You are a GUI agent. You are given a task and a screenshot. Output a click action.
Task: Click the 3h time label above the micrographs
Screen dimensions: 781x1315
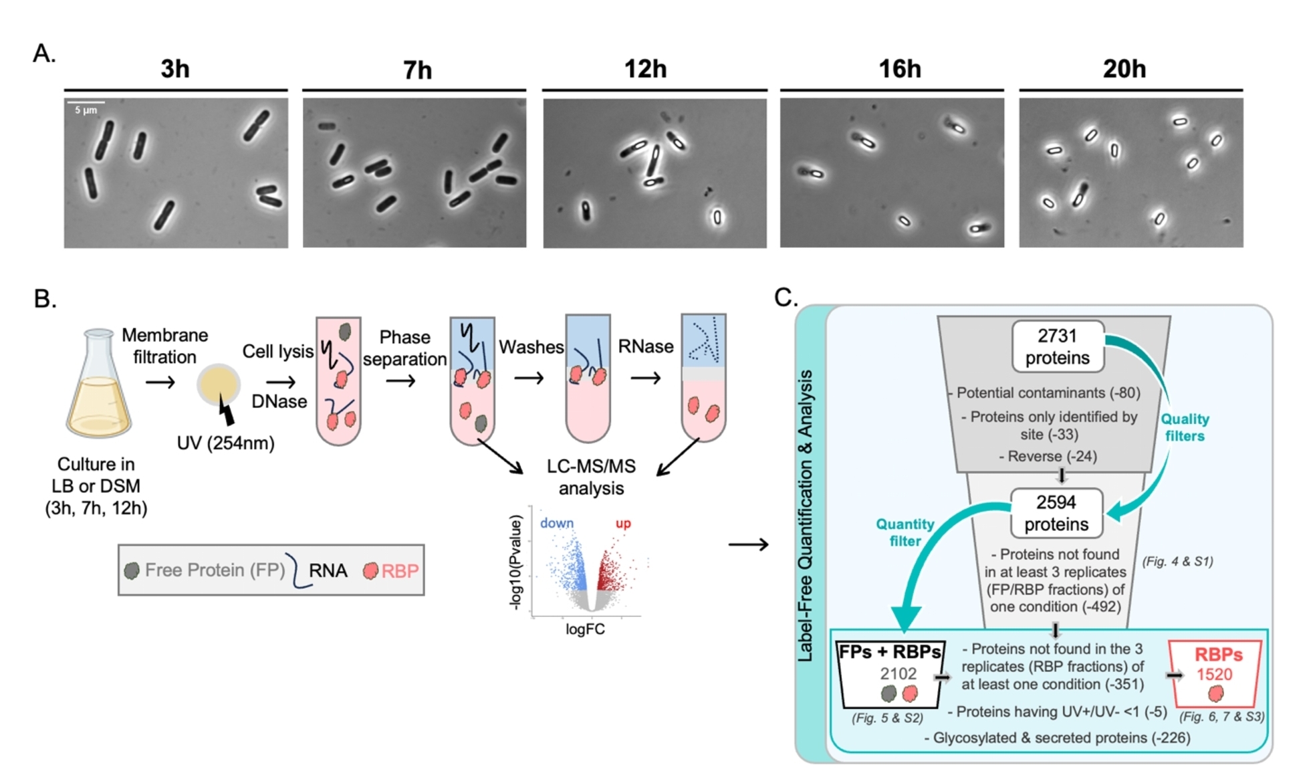(x=175, y=69)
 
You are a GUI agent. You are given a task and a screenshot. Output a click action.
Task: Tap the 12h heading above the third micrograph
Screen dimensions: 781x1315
(x=645, y=69)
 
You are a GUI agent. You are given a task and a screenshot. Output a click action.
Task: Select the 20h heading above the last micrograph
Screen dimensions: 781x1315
(x=1124, y=69)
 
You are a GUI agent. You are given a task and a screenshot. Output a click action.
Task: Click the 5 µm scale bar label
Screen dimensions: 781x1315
(x=86, y=110)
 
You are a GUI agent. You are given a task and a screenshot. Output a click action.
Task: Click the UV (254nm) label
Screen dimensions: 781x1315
(x=225, y=443)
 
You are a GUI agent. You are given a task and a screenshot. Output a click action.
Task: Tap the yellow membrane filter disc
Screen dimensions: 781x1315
(x=218, y=384)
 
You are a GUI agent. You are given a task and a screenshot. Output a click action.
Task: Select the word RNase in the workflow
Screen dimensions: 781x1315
(x=645, y=346)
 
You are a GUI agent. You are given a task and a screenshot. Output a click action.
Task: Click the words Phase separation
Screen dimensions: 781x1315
(x=404, y=348)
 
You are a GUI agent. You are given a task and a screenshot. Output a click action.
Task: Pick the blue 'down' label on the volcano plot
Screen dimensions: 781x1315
(x=556, y=523)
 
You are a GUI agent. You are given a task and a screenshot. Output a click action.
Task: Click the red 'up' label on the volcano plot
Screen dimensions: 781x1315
(x=623, y=523)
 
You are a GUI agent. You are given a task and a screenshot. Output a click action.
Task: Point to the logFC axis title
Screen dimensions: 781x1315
(x=585, y=629)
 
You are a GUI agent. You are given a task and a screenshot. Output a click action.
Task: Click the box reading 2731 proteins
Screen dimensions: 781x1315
(x=1057, y=346)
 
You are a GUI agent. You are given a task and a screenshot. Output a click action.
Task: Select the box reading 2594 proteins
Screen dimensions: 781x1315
(x=1056, y=513)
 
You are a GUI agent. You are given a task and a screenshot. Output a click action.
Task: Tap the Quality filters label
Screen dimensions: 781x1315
(x=1185, y=427)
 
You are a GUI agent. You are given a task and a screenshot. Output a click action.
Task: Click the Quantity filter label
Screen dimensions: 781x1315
(x=905, y=532)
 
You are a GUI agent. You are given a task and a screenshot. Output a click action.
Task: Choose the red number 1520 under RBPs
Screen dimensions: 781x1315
(x=1214, y=674)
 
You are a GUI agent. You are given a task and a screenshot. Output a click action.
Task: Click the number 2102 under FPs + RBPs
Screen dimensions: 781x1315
(x=898, y=674)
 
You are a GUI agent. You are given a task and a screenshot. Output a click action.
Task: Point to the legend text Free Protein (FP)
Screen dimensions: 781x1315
(x=215, y=570)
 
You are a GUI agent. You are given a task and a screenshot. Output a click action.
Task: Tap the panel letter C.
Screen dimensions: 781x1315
(x=786, y=297)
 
